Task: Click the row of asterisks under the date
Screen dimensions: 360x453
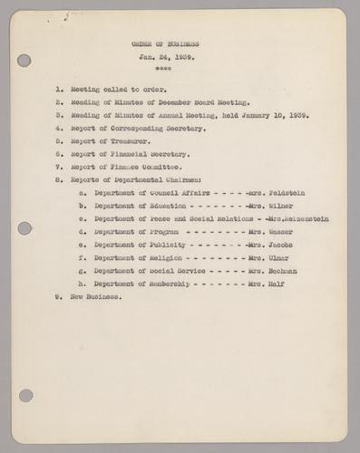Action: pyautogui.click(x=163, y=69)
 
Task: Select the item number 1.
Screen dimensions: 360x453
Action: pyautogui.click(x=59, y=92)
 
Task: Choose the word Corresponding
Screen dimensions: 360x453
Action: pyautogui.click(x=141, y=130)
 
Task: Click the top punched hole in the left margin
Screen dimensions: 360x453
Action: pyautogui.click(x=24, y=61)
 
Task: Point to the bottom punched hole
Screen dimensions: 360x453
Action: pyautogui.click(x=24, y=396)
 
